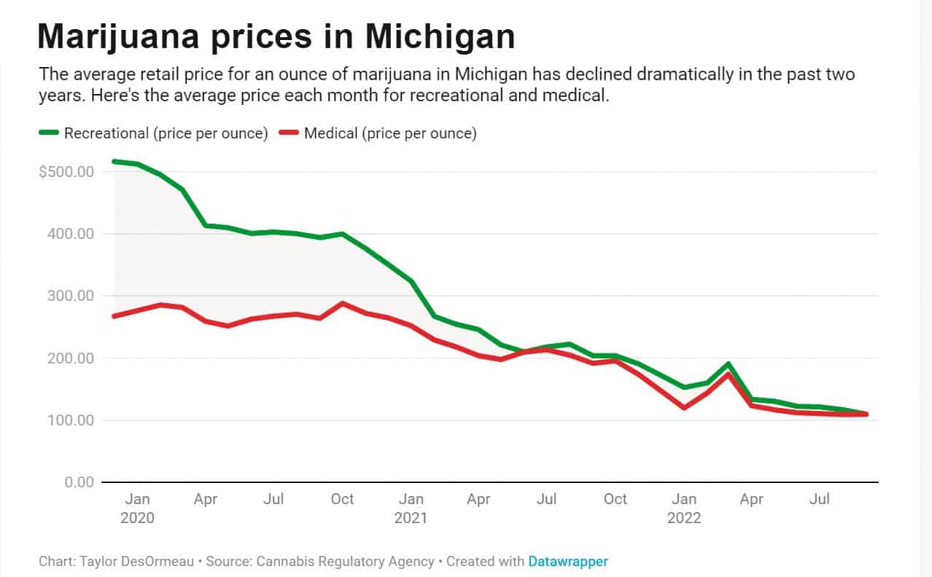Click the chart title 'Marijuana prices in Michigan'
[276, 36]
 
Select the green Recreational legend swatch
[48, 133]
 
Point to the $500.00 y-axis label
[67, 172]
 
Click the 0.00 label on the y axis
[79, 482]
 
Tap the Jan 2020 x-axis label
[138, 508]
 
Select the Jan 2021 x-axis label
[411, 508]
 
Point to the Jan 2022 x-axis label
[684, 508]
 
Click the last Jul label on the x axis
[820, 499]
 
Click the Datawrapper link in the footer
[568, 562]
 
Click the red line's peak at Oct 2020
[342, 303]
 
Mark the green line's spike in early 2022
[728, 364]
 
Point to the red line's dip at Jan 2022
[684, 407]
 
